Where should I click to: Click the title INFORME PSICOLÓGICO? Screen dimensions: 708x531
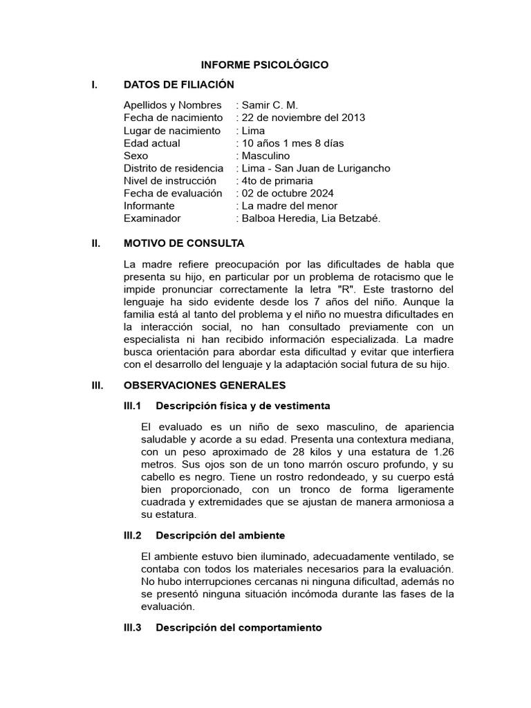(264, 65)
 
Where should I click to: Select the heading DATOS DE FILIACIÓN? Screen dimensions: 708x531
(178, 84)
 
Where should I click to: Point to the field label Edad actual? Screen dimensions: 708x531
(151, 143)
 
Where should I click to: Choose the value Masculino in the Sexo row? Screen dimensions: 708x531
(265, 156)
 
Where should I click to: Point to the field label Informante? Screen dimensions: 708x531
(149, 205)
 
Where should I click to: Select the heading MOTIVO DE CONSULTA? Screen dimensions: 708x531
(183, 244)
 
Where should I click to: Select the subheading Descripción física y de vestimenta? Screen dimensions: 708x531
(243, 405)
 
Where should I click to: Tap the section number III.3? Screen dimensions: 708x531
(131, 628)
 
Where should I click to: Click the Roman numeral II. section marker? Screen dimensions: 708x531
(96, 244)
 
